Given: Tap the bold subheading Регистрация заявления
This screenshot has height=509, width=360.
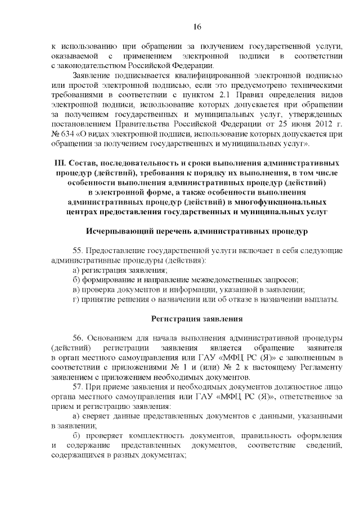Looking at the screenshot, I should tap(197, 319).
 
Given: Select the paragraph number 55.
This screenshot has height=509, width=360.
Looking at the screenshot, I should tap(78, 250).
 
